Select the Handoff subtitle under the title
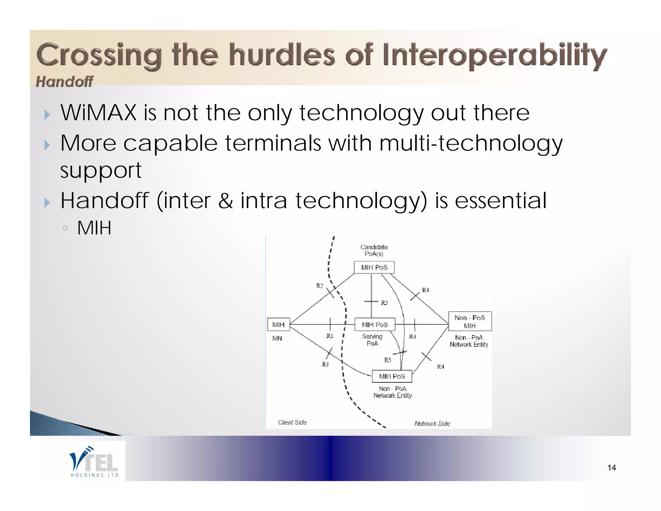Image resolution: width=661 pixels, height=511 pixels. tap(64, 81)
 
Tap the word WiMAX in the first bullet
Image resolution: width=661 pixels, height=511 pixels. tap(98, 113)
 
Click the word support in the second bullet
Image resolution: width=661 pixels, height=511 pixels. tap(101, 170)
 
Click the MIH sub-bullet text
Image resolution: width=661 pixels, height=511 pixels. tap(94, 228)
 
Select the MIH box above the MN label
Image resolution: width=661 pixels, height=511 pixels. tap(278, 325)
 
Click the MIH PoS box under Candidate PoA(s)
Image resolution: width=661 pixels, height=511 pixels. tap(374, 267)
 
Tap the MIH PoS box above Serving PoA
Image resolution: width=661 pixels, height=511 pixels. tap(374, 325)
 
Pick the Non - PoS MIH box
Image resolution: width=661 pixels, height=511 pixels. tap(470, 321)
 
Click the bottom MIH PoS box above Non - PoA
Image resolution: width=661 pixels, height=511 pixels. tap(392, 376)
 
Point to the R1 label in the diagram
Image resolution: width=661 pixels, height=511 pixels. tap(330, 336)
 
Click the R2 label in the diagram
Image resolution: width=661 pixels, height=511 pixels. tap(320, 286)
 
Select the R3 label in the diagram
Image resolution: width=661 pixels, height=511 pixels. tap(325, 364)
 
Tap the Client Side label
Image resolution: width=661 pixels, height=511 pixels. tap(292, 422)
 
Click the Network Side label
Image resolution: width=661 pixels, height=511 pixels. tap(432, 423)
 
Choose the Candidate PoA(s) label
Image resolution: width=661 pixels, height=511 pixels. tap(374, 250)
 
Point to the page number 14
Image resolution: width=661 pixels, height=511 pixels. tap(611, 468)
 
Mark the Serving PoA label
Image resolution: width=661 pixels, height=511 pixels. tap(372, 340)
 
